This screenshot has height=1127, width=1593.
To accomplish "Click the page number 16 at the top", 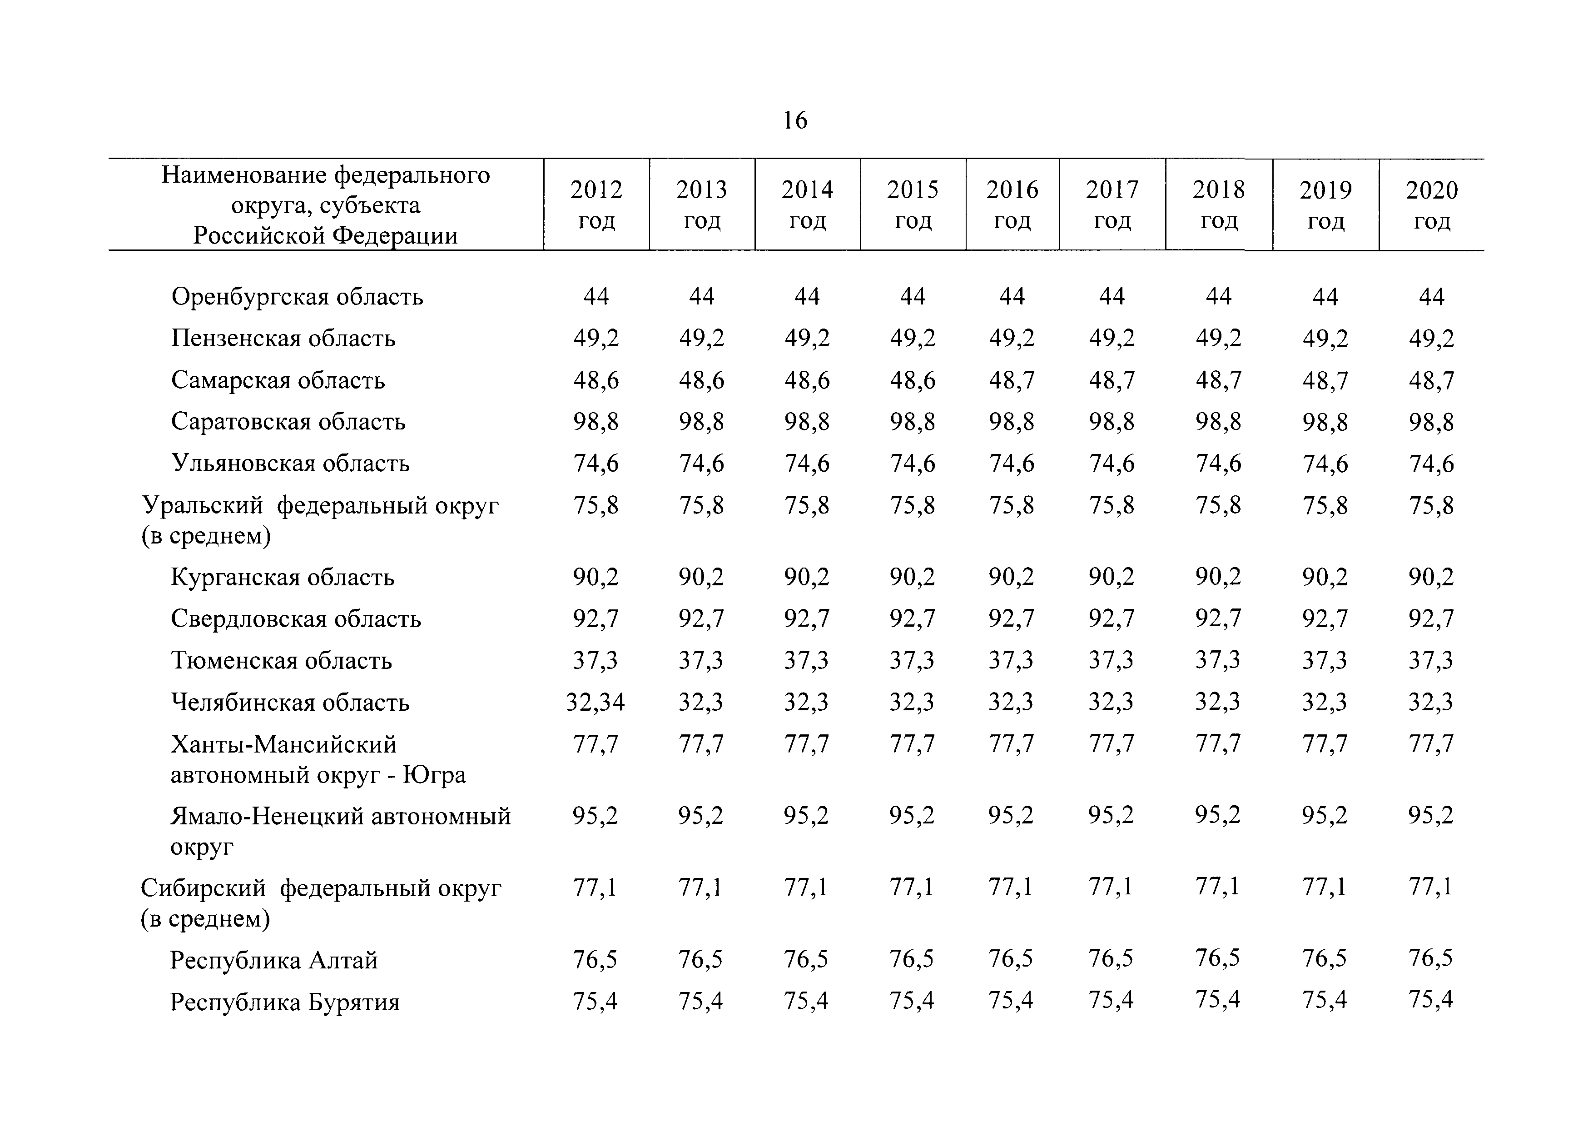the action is click(795, 121).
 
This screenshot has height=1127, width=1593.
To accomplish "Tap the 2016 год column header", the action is click(1012, 204).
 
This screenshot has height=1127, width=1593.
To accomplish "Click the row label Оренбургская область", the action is click(297, 297).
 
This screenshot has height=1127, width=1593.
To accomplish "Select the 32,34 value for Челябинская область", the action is click(596, 702).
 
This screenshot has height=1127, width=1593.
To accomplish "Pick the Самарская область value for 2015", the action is click(913, 380).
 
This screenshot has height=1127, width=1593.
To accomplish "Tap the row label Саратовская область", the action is click(288, 422).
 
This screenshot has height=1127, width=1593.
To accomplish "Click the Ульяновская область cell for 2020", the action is click(1431, 464).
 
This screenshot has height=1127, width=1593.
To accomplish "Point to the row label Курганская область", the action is click(283, 578).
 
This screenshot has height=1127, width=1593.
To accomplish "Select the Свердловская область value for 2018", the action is click(1218, 618).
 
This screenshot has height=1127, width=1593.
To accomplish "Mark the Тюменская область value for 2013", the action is click(701, 660).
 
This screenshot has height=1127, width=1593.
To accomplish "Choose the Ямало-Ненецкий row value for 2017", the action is click(1111, 815).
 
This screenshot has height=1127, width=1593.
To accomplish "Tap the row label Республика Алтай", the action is click(274, 960).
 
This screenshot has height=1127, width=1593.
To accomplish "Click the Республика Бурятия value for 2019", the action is click(1325, 1000).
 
